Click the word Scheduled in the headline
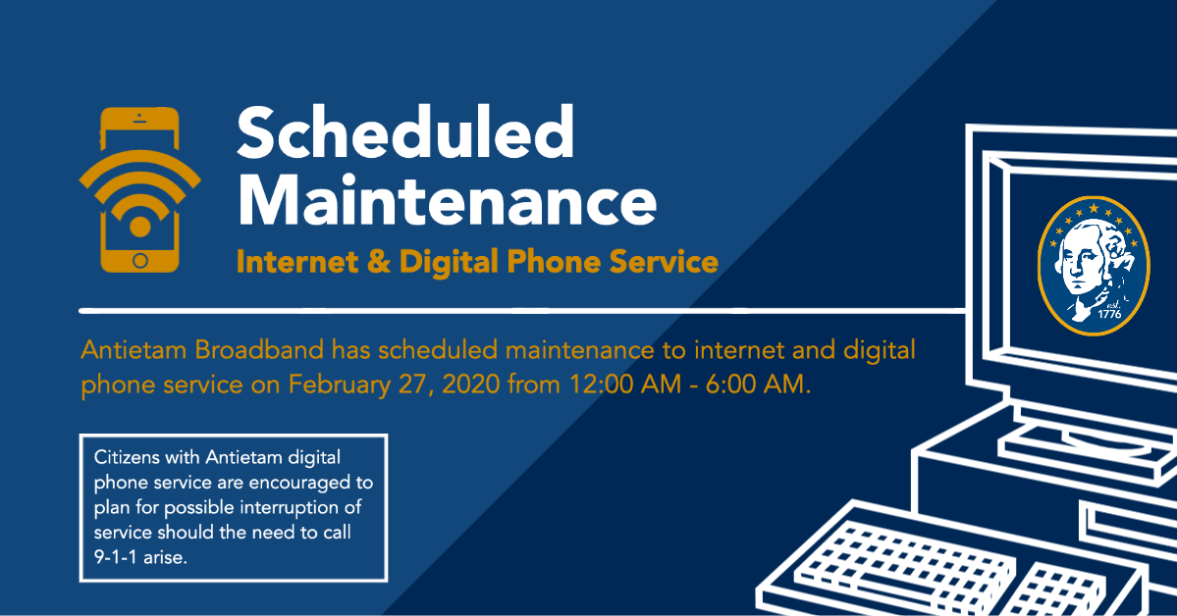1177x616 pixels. point(405,132)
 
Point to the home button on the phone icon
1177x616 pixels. point(140,260)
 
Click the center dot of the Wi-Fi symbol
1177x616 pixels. point(140,226)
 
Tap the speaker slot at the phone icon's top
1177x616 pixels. point(139,121)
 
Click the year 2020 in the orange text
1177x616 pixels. point(470,385)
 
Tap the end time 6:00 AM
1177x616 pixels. point(757,385)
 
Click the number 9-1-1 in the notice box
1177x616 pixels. point(116,557)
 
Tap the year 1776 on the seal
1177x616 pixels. point(1109,314)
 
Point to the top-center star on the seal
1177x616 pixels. point(1094,208)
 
